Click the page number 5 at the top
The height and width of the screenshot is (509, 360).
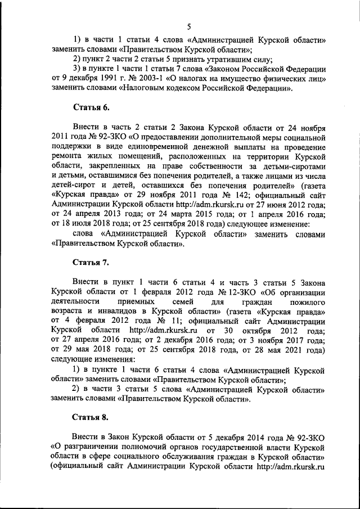(x=189, y=26)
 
